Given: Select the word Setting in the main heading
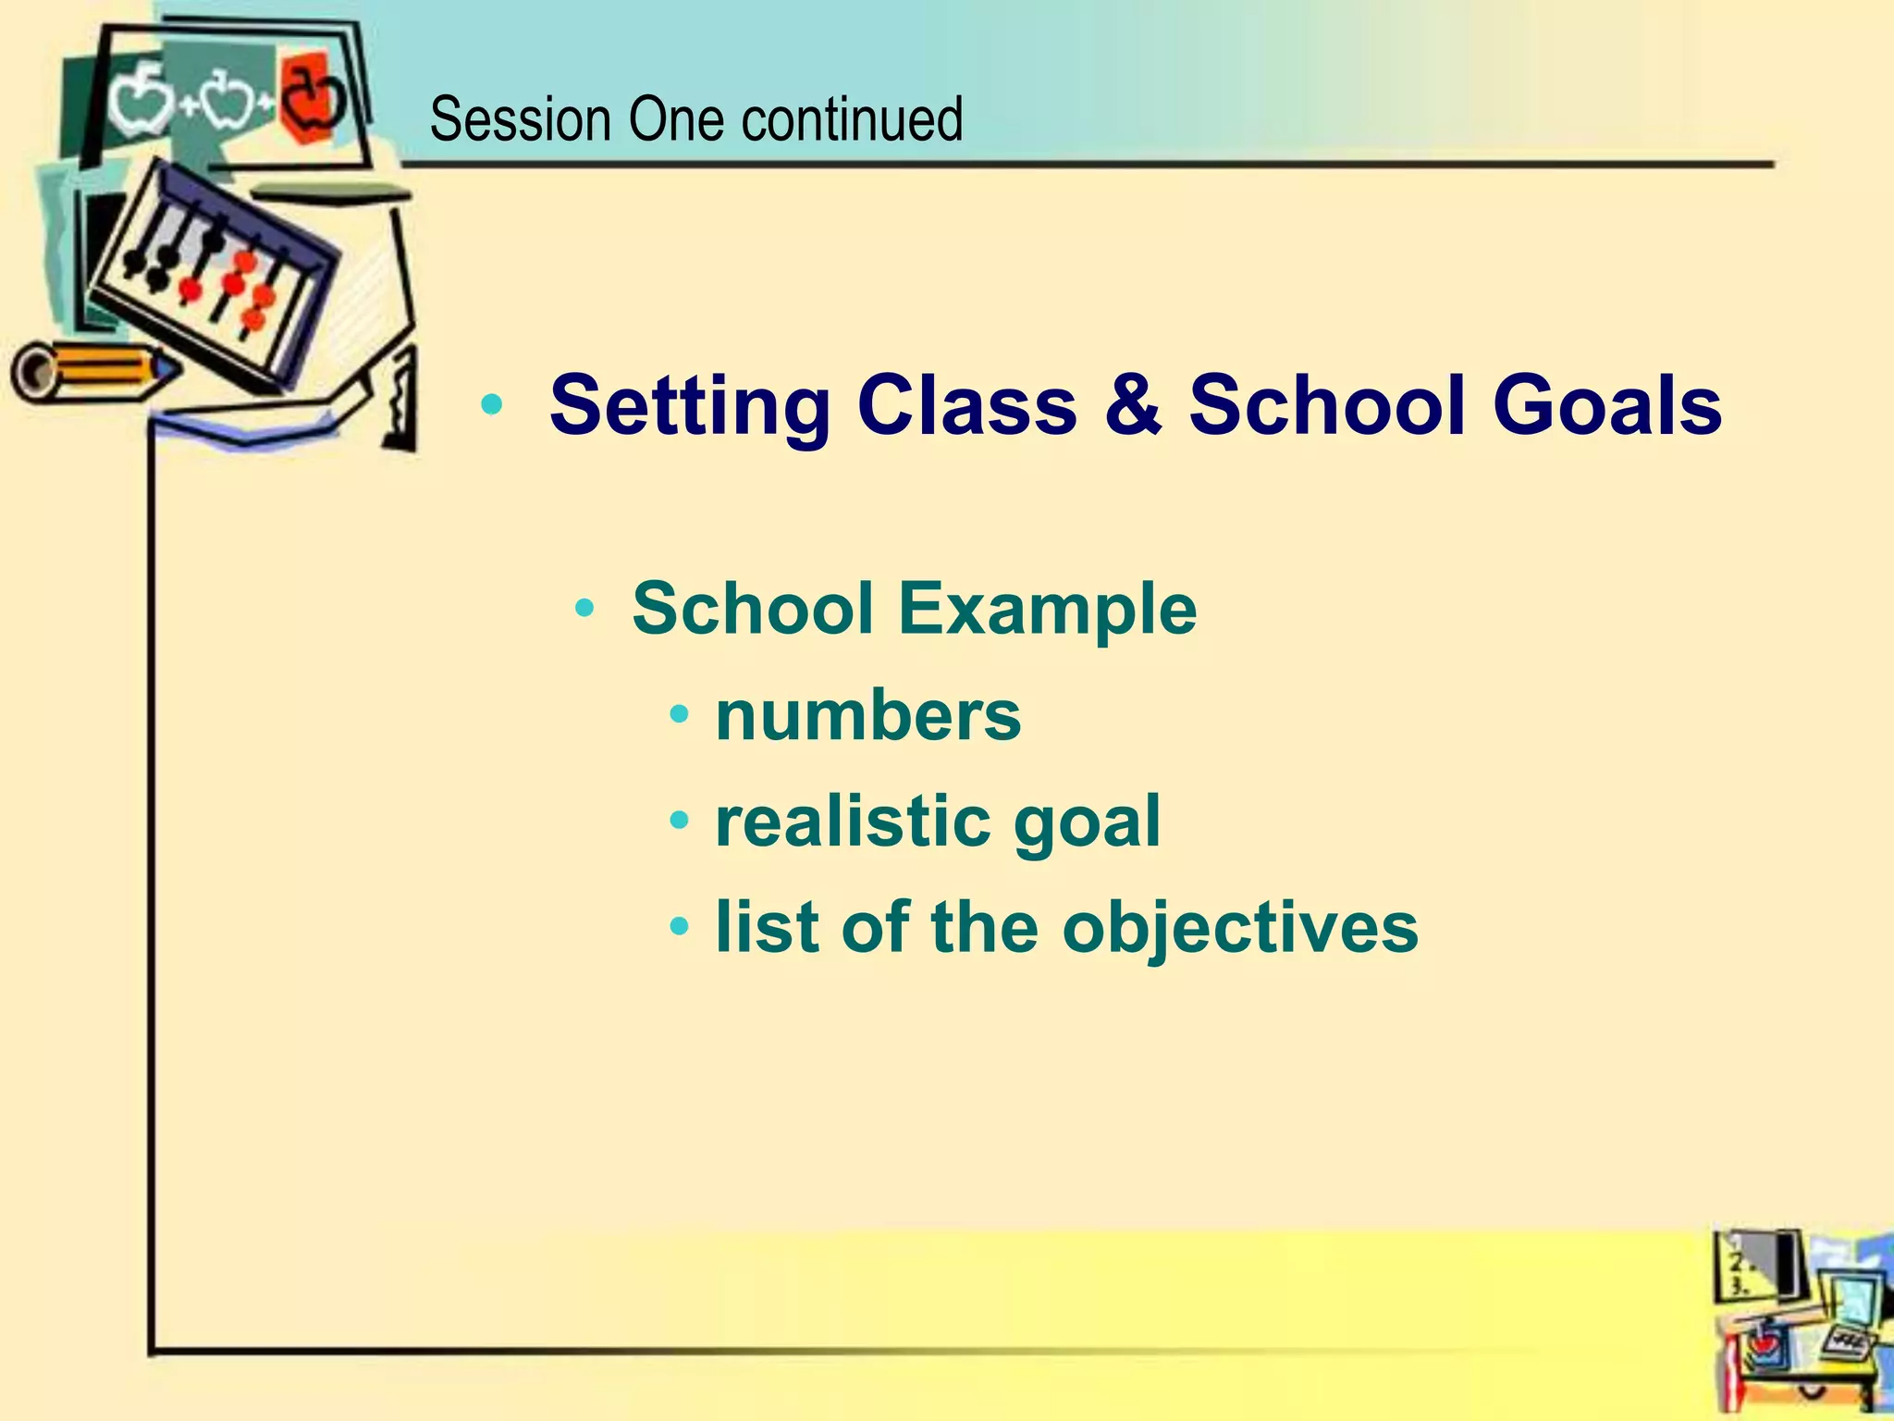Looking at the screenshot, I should pyautogui.click(x=690, y=407).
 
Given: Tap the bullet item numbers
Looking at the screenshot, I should pyautogui.click(x=867, y=716).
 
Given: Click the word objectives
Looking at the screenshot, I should pyautogui.click(x=1239, y=929).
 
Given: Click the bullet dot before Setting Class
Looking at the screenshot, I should pyautogui.click(x=492, y=405).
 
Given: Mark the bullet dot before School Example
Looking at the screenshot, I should pyautogui.click(x=584, y=609).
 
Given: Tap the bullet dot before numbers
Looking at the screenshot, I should pyautogui.click(x=680, y=715).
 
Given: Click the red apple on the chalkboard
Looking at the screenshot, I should pyautogui.click(x=313, y=97).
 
